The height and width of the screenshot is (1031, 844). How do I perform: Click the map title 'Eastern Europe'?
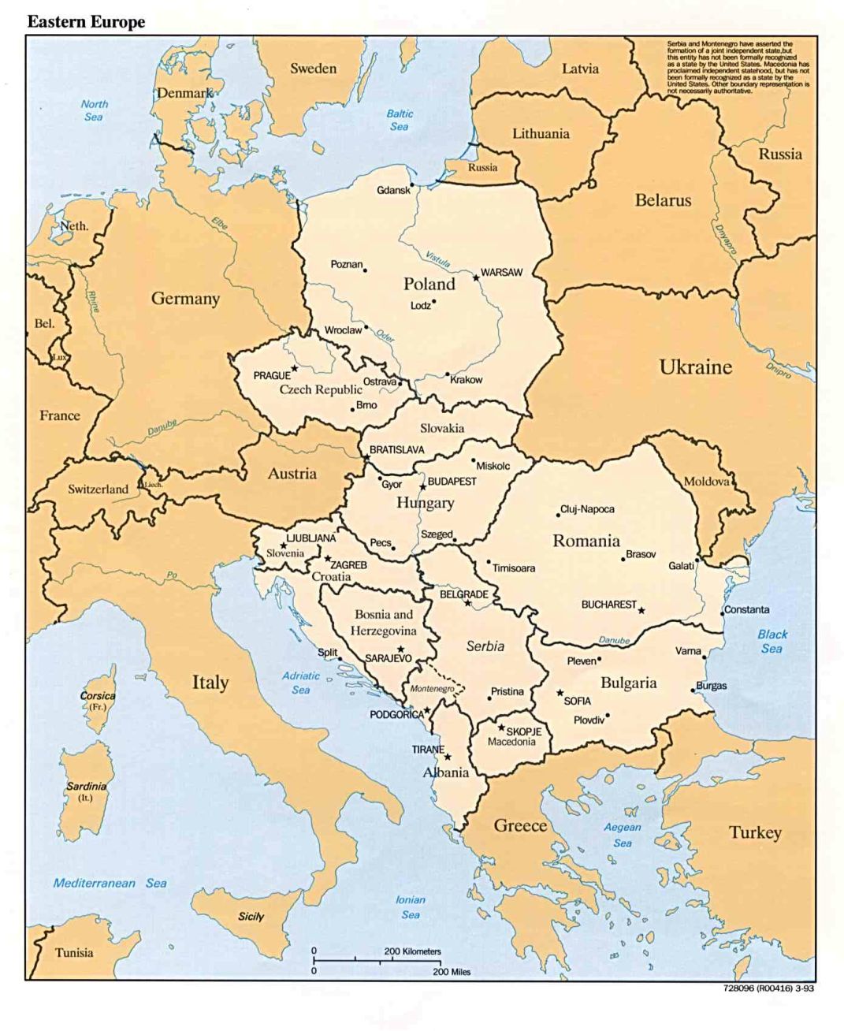coord(86,22)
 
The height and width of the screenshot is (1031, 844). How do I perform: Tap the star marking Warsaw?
coord(475,277)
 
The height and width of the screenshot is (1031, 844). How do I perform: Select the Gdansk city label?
coord(392,190)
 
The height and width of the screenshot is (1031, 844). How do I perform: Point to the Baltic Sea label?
coord(400,120)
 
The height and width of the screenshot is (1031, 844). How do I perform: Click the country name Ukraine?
coord(695,367)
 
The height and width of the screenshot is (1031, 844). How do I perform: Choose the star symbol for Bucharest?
coord(641,610)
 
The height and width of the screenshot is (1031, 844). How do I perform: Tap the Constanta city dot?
coord(722,613)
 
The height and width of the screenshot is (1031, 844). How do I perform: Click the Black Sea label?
coord(772,641)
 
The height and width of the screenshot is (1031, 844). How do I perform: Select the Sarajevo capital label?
coord(388,657)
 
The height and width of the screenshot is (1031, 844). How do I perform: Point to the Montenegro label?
coord(432,688)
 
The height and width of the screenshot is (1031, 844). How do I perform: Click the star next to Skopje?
coord(501,728)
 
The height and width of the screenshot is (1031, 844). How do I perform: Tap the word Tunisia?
coord(74,952)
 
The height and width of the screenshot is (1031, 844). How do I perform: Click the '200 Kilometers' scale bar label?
coord(412,951)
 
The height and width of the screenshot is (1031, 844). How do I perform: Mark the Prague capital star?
coord(295,368)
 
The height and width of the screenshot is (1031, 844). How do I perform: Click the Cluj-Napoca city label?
coord(587,509)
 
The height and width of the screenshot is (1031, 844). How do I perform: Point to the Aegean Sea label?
coord(623,835)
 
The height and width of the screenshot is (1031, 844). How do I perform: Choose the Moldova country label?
coord(706,482)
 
